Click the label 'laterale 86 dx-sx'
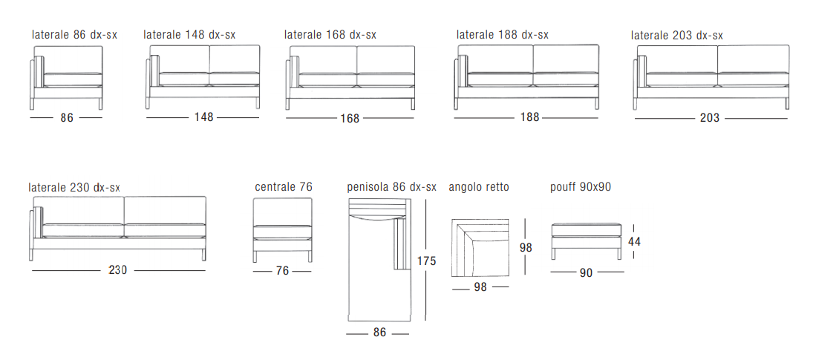coord(74,35)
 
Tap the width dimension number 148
coord(203,117)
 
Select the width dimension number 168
coord(350,119)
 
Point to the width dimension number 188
coord(530,117)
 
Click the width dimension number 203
coord(709,118)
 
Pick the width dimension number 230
coord(118,270)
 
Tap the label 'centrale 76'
coord(284,186)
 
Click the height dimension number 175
coord(426,261)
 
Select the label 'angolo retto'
coord(479,187)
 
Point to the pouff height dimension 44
coord(633,241)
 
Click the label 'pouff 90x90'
coord(580,186)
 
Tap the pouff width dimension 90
coord(586,272)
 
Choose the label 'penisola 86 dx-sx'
coord(391,187)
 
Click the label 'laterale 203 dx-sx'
coord(676,35)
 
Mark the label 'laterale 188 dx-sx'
coord(503,35)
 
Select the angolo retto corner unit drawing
coord(480,248)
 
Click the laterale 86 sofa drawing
coord(66,78)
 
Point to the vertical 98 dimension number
coord(526,248)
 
